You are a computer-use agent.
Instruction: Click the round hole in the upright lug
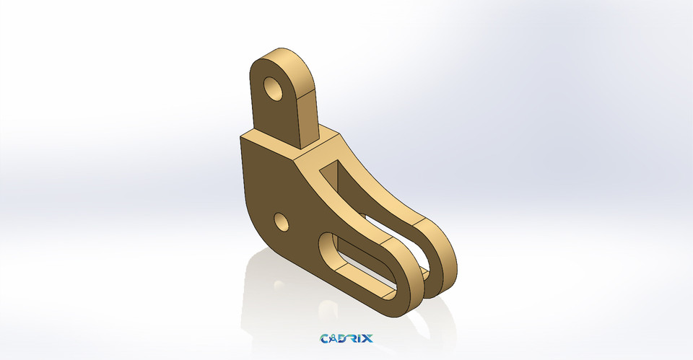coord(274,89)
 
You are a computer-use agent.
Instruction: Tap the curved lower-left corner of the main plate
coord(260,238)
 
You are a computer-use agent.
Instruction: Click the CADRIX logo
coord(346,338)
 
